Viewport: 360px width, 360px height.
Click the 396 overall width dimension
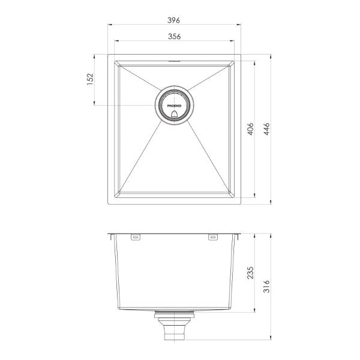coord(175,20)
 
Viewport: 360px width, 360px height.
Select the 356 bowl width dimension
coord(175,36)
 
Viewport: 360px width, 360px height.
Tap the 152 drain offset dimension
coord(90,80)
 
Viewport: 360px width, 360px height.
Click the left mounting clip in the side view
coord(136,238)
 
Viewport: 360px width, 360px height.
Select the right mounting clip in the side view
coord(213,238)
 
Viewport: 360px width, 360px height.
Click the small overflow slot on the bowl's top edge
coord(175,60)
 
